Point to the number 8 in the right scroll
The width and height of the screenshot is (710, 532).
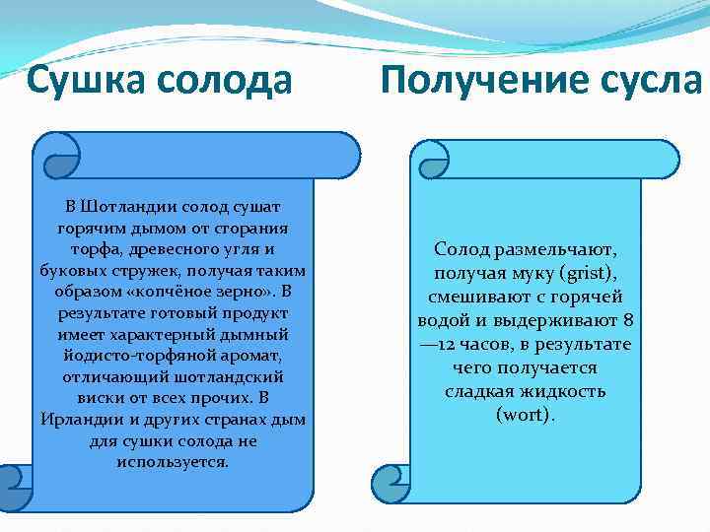(x=628, y=320)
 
